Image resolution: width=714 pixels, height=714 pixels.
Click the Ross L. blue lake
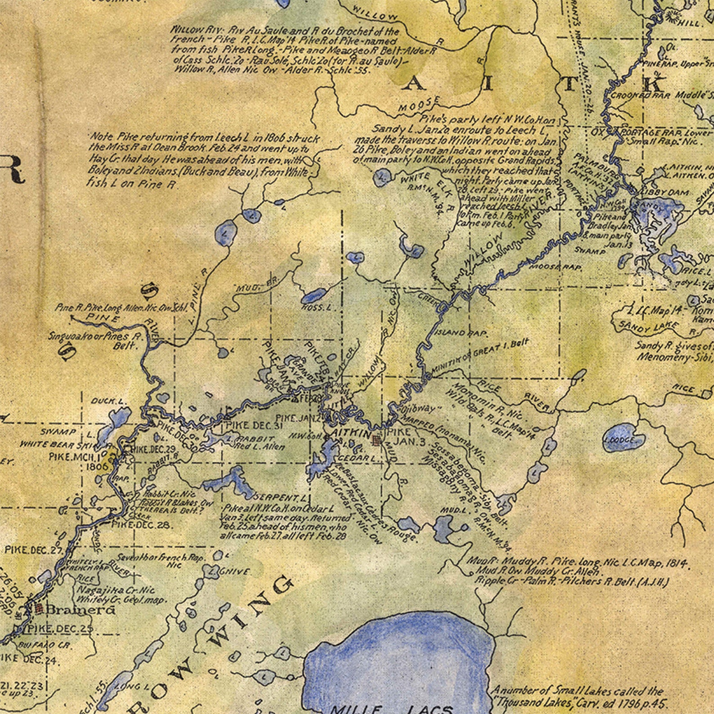tap(313, 295)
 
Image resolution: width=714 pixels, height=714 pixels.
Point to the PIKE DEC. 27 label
tap(33, 549)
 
